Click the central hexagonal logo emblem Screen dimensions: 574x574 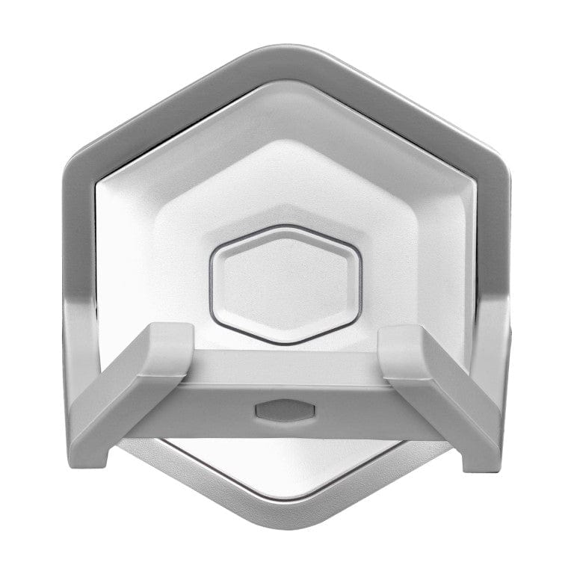coord(286,284)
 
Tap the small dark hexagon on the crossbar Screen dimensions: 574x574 coord(286,410)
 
